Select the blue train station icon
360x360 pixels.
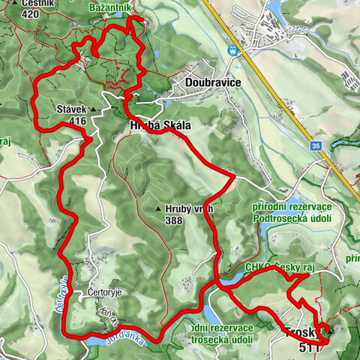click(x=233, y=50)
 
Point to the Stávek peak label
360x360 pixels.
click(x=72, y=109)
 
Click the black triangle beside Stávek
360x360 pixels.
click(x=94, y=109)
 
